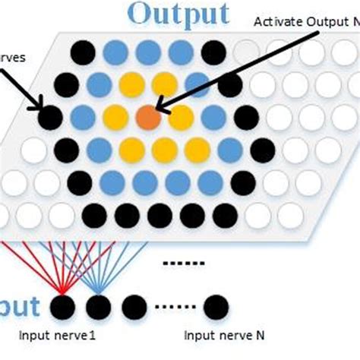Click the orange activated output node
(148, 117)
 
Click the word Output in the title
(178, 14)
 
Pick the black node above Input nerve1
(62, 308)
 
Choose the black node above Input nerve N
(215, 308)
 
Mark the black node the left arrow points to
(50, 117)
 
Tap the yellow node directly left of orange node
(115, 117)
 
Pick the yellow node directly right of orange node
(181, 117)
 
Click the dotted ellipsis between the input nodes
(174, 308)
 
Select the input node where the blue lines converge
(98, 308)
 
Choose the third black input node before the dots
(134, 308)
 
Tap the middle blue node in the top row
(148, 52)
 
